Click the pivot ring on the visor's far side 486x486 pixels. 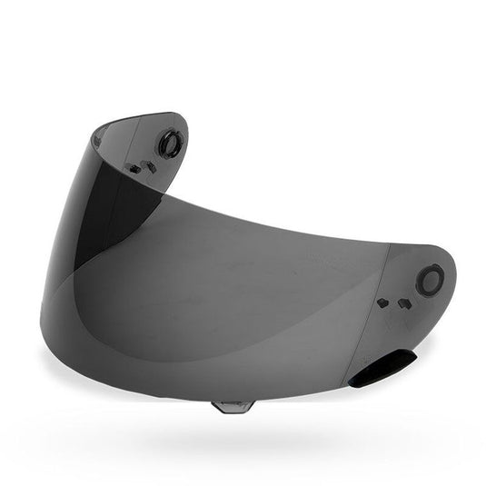[x=169, y=144]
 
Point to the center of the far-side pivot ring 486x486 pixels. [x=169, y=144]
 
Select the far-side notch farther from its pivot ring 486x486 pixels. [x=134, y=168]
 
